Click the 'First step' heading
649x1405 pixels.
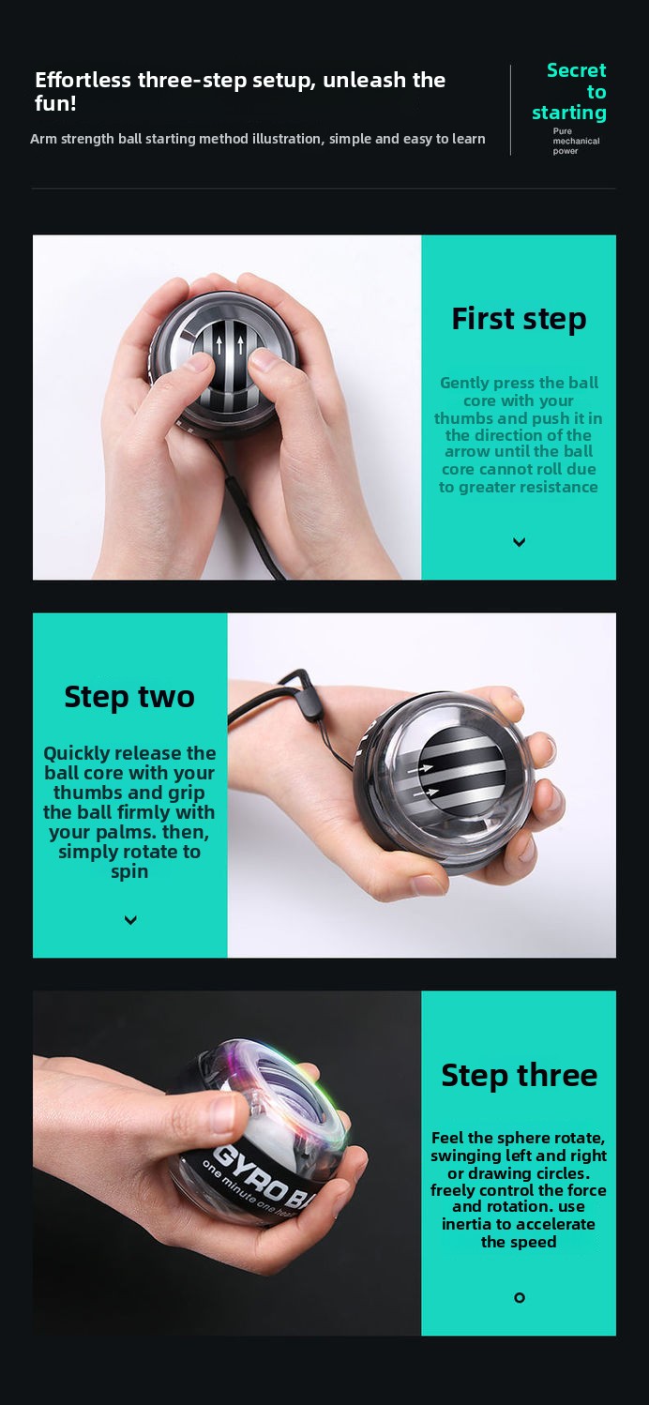tap(519, 319)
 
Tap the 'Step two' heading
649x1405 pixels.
tap(129, 697)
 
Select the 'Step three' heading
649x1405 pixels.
tap(519, 1075)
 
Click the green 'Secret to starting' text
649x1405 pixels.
tap(569, 91)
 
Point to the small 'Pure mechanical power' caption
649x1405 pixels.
tap(576, 141)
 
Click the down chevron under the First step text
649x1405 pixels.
tap(520, 542)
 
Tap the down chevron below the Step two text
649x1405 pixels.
tap(130, 920)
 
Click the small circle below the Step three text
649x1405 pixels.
tap(520, 1298)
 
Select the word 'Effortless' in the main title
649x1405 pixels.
tap(83, 81)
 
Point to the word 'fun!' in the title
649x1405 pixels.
tap(55, 103)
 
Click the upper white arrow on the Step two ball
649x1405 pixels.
tap(420, 768)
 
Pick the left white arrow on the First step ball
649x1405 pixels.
tap(219, 345)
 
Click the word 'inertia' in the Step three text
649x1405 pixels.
tap(466, 1224)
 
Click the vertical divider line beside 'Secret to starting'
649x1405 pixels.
tap(510, 110)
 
